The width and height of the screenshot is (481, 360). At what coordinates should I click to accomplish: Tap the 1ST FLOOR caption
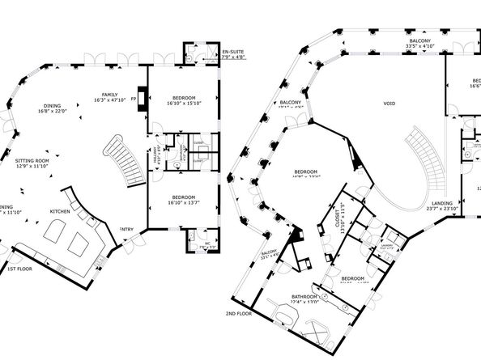pos(19,268)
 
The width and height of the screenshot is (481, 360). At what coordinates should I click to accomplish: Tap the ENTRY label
pos(126,229)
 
